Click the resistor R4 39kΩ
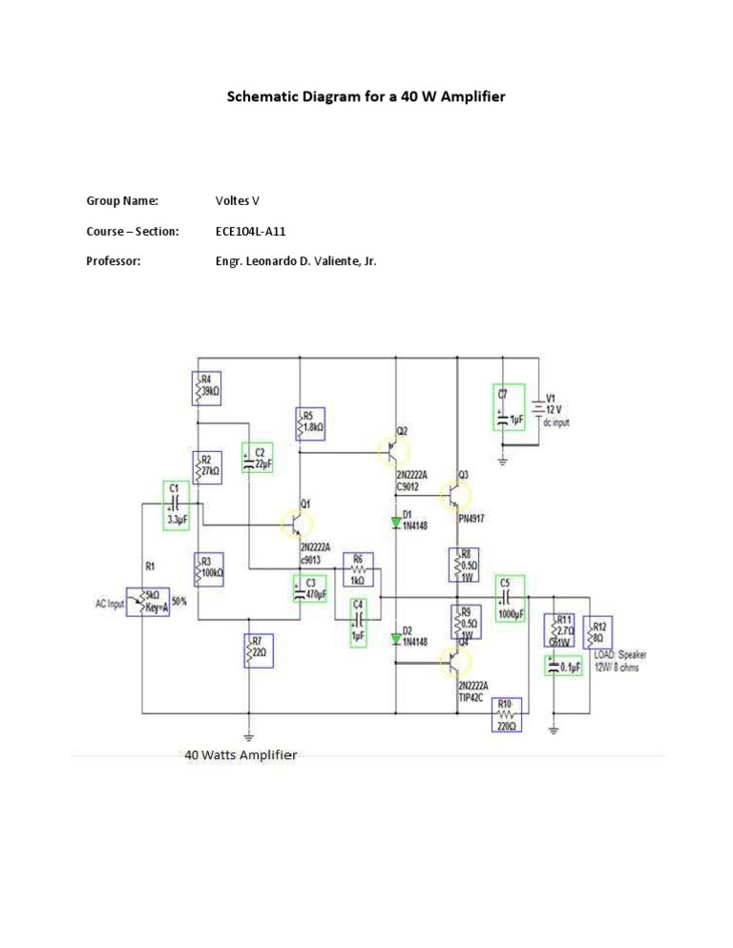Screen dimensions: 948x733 point(207,388)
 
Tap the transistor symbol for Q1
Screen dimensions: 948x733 point(295,523)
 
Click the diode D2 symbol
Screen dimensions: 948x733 point(396,637)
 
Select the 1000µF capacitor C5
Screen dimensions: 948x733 point(510,598)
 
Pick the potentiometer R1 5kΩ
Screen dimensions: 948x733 point(148,601)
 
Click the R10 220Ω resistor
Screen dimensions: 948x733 point(507,714)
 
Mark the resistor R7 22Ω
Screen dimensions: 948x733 point(258,651)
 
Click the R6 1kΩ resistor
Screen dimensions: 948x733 point(358,568)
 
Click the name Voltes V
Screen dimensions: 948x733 point(238,201)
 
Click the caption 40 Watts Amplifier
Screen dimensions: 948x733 point(241,755)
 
